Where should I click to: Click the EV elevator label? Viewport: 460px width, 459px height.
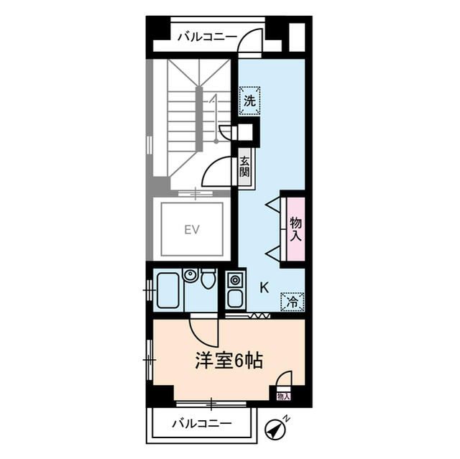190,230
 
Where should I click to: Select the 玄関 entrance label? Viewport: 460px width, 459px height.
245,168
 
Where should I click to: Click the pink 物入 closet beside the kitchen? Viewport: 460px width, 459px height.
295,228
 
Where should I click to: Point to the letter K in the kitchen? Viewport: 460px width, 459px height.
264,289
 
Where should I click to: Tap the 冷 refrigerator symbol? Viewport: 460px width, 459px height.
292,302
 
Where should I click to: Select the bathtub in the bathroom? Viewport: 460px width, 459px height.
167,289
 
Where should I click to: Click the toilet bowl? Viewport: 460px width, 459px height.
208,279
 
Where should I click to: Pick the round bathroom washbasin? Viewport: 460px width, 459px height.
190,275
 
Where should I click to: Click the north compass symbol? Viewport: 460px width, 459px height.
275,428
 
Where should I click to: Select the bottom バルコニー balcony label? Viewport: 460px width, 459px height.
201,423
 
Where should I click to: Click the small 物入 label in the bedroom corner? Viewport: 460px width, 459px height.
282,396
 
